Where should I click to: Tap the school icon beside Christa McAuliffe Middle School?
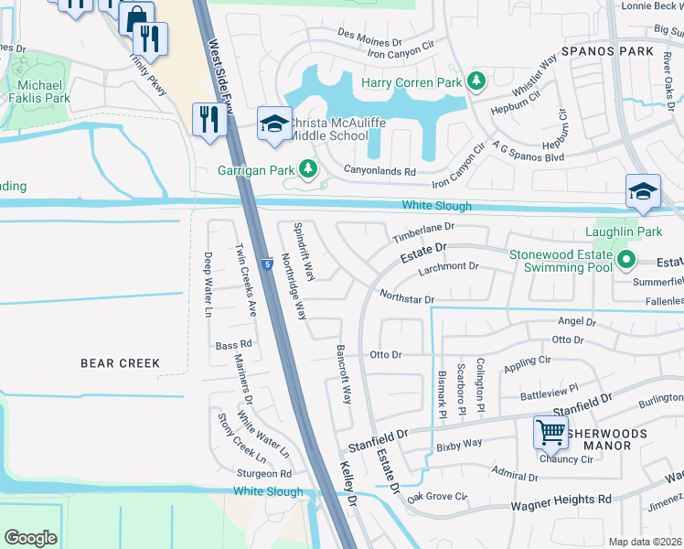click(273, 126)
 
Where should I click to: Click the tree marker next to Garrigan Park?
click(309, 169)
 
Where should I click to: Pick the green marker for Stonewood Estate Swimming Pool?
click(626, 260)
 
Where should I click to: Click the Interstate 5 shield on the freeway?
click(264, 264)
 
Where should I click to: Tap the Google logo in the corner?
click(30, 538)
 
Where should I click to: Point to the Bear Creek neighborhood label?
click(120, 363)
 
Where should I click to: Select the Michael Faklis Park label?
click(38, 91)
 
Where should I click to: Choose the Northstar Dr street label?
click(405, 296)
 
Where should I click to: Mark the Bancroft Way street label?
click(344, 375)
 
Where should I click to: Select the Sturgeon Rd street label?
click(263, 474)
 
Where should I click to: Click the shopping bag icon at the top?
click(136, 17)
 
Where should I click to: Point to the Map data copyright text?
click(645, 542)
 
